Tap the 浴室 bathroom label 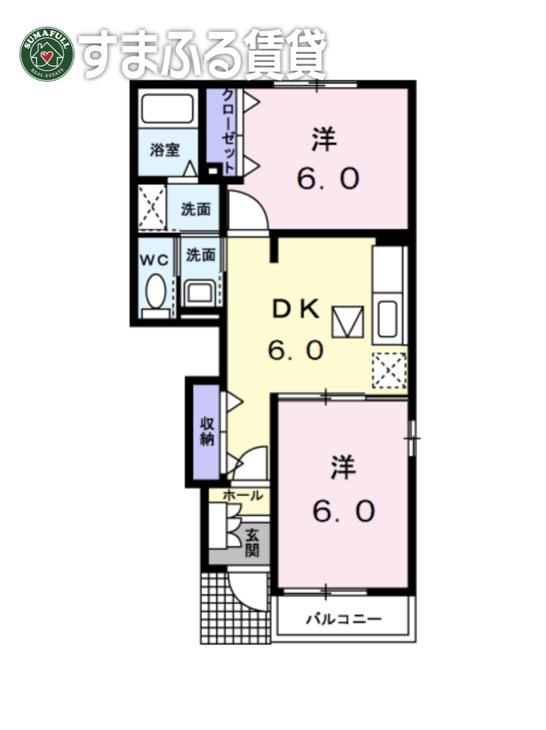pyautogui.click(x=165, y=150)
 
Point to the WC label pyautogui.click(x=155, y=260)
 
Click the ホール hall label pyautogui.click(x=243, y=495)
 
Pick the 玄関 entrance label pyautogui.click(x=252, y=542)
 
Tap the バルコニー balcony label pyautogui.click(x=344, y=619)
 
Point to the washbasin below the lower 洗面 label pyautogui.click(x=200, y=292)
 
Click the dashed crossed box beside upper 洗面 pyautogui.click(x=152, y=207)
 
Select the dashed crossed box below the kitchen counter pyautogui.click(x=390, y=370)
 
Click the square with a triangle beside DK pyautogui.click(x=348, y=322)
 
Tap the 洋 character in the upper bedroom pyautogui.click(x=325, y=139)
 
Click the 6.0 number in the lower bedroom pyautogui.click(x=344, y=511)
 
